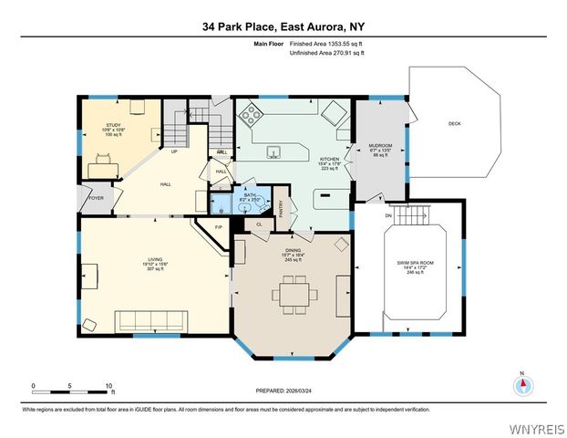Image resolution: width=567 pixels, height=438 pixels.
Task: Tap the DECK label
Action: coord(455,124)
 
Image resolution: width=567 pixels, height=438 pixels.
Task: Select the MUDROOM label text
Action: coord(379,145)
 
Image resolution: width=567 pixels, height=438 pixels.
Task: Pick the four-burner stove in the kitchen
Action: coord(252,116)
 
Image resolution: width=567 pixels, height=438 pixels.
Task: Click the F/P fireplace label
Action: coord(218,226)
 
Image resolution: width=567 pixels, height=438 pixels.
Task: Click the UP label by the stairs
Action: coord(174,152)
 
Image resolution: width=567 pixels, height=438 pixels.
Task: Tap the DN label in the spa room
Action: coord(389,215)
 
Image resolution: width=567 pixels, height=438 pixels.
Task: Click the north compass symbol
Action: coord(522,386)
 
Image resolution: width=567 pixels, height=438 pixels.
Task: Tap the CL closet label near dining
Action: coord(260,223)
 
